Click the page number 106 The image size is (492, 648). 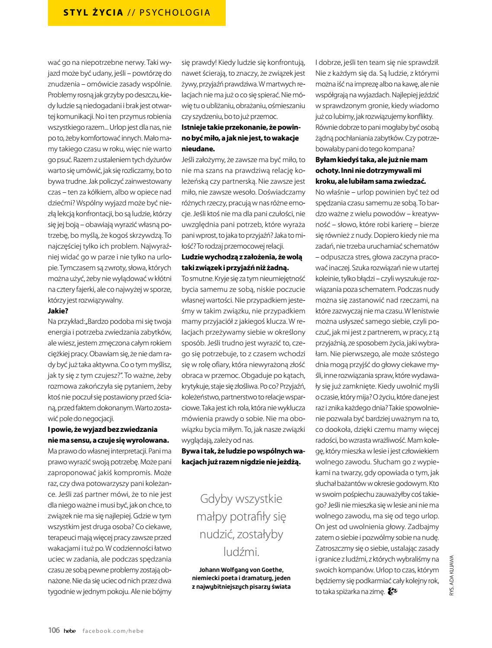pyautogui.click(x=54, y=630)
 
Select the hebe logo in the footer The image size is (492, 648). pyautogui.click(x=69, y=631)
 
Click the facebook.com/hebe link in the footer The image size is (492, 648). pyautogui.click(x=113, y=631)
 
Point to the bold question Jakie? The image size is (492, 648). pyautogui.click(x=58, y=310)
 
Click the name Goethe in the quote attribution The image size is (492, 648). pyautogui.click(x=272, y=569)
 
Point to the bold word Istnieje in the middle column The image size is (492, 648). pyautogui.click(x=194, y=127)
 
